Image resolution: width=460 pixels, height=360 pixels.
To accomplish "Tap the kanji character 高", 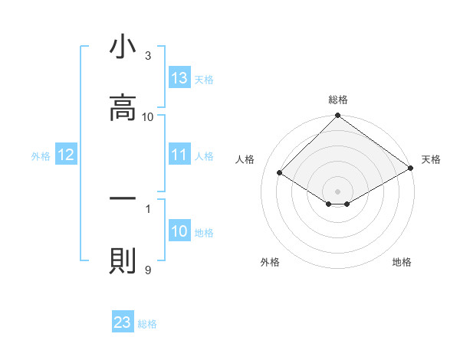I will click(123, 109).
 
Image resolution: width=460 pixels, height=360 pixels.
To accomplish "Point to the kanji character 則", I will click(123, 261).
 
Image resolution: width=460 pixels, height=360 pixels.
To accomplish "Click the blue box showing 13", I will click(179, 78).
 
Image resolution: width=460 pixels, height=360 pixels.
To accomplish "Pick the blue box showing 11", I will click(179, 155).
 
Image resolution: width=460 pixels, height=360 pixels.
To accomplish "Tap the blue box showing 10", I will click(179, 232).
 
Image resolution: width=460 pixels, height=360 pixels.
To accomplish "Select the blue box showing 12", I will click(66, 155).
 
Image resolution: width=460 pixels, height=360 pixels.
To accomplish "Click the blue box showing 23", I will click(123, 322).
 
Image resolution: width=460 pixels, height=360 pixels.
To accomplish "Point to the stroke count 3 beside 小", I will click(148, 55).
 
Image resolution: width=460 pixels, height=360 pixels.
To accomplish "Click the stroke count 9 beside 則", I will click(148, 270).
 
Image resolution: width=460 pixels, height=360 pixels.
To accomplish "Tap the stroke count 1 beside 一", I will click(148, 208).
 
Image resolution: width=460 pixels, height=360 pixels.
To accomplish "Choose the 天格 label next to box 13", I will click(204, 80).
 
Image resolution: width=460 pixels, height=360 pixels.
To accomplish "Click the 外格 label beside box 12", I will click(41, 156).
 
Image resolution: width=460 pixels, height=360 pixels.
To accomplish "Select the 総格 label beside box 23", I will click(147, 324).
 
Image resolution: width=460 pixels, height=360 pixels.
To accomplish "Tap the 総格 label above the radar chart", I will click(337, 100).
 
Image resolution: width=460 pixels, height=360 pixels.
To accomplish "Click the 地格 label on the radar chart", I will click(402, 262).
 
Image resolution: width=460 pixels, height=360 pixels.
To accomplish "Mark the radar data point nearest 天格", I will click(411, 169).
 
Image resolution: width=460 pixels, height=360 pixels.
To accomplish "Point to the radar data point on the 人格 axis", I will click(280, 172).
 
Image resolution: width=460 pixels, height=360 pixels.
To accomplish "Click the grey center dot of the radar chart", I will click(337, 191).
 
